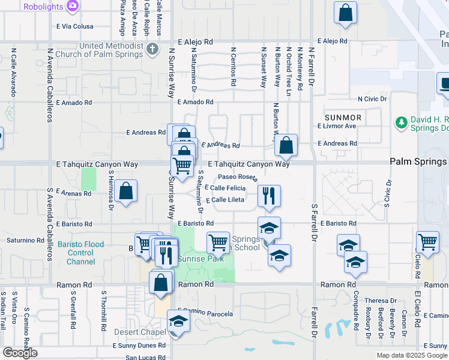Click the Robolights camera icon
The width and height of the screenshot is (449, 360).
(73, 6)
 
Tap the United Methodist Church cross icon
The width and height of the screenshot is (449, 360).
(153, 49)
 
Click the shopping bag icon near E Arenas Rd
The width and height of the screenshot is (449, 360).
(127, 191)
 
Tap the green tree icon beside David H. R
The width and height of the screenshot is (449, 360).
(402, 123)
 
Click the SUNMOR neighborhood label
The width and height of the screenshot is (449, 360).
(343, 118)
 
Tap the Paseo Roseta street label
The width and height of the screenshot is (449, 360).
(237, 177)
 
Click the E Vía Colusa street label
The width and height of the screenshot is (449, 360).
(75, 26)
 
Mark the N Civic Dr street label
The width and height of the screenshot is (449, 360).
(373, 98)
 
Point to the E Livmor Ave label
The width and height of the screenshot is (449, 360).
(337, 126)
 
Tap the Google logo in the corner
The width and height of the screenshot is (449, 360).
(20, 353)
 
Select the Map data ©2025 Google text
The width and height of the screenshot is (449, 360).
(412, 355)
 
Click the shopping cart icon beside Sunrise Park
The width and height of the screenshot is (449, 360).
(218, 242)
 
